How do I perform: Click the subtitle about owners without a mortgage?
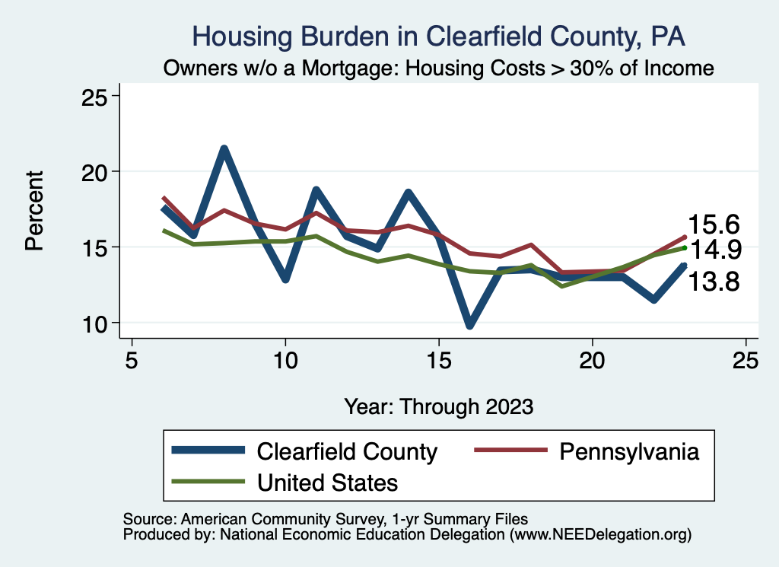coord(439,68)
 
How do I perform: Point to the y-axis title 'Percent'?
coord(33,210)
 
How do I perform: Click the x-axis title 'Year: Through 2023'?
coord(438,406)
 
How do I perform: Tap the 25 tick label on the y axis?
coord(96,96)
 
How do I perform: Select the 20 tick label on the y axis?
coord(96,171)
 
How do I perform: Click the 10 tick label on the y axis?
coord(96,323)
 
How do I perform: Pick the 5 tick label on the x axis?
coord(132,361)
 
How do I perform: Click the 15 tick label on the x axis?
coord(438,361)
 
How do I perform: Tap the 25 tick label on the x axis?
coord(745,361)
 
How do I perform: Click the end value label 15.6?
coord(714,225)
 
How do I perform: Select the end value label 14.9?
coord(714,250)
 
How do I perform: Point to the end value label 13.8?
coord(714,282)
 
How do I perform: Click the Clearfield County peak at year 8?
coord(224,149)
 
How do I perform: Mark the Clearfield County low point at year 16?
coord(469,325)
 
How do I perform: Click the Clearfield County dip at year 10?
coord(285,279)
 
